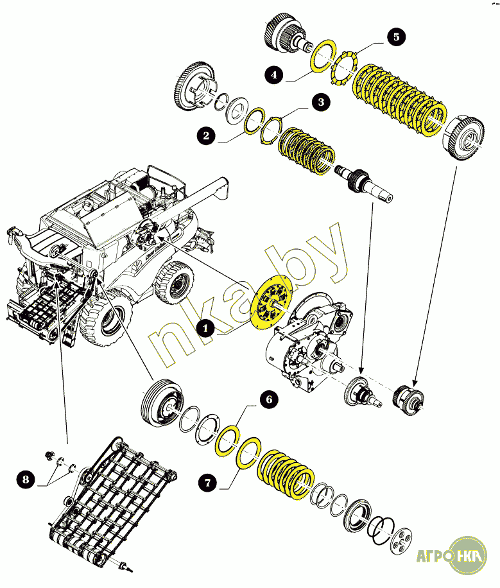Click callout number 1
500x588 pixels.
point(205,328)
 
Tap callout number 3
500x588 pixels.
point(321,101)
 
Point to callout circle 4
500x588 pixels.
point(274,74)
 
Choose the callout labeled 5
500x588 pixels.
point(396,37)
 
